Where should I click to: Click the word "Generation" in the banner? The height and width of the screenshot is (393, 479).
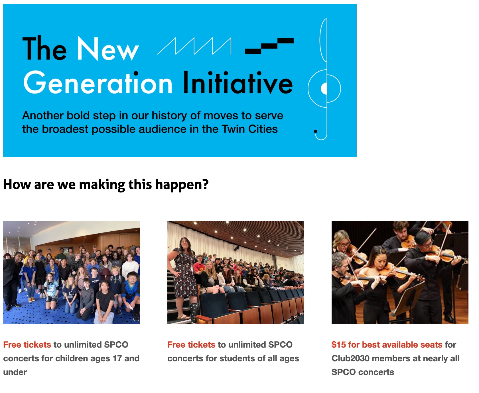[98, 83]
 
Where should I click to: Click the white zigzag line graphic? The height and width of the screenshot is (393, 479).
[194, 46]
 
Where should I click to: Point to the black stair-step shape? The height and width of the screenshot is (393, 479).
[269, 46]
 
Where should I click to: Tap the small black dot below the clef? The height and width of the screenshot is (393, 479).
[316, 131]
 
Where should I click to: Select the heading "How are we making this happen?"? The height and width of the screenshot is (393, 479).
[106, 185]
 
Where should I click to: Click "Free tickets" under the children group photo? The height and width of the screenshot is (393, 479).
[27, 345]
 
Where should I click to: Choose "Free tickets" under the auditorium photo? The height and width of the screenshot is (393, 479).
[191, 345]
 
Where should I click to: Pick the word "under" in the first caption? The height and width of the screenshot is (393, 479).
[15, 372]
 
